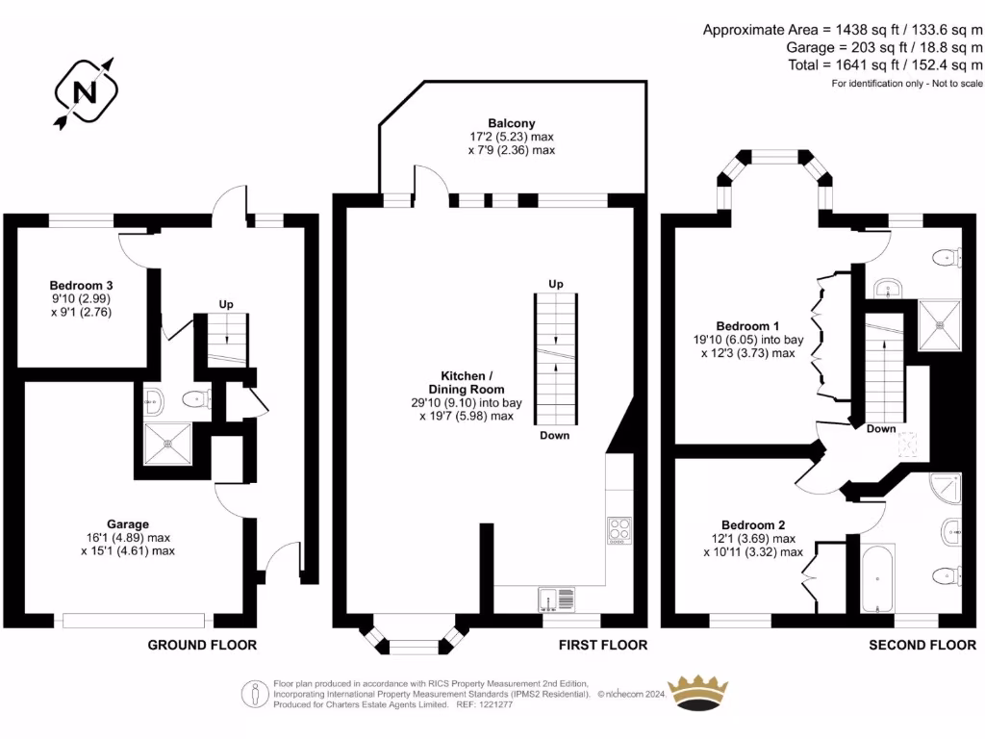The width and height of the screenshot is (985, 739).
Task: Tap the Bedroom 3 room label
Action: (82, 286)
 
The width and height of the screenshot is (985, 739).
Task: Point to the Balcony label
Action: (511, 123)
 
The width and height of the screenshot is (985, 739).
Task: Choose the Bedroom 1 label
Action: (742, 326)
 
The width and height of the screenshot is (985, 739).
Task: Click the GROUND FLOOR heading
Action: (202, 645)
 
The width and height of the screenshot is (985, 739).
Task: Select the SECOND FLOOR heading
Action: (922, 645)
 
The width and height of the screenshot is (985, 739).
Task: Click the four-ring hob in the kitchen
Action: (619, 530)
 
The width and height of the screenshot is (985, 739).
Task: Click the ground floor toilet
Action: (199, 399)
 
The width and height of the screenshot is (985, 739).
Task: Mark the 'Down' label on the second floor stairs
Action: (880, 429)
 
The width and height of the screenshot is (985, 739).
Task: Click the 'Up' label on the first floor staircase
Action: (555, 284)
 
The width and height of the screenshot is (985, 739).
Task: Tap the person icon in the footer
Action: (256, 693)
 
